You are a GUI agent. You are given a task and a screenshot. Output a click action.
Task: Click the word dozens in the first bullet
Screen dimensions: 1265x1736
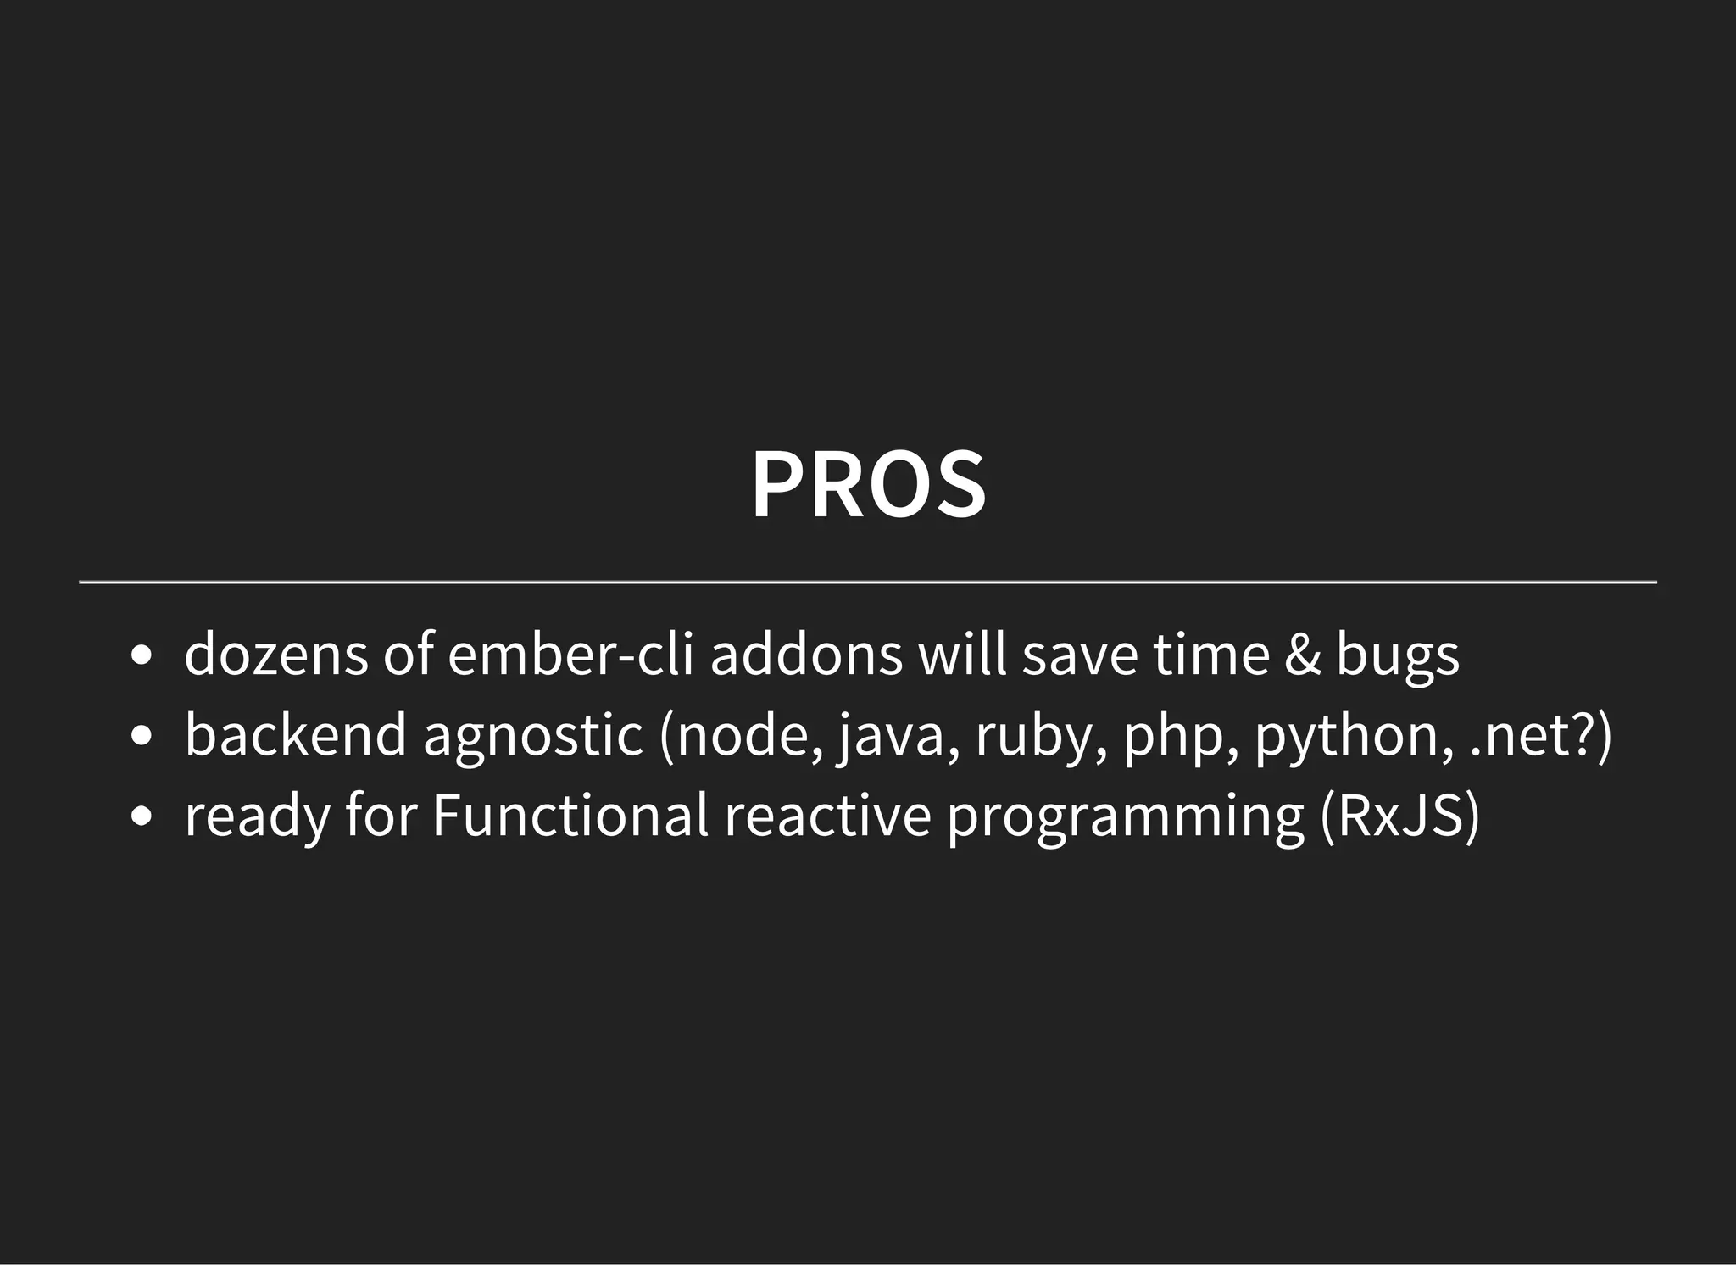(x=276, y=655)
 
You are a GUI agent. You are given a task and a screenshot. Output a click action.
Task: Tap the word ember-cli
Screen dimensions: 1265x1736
(x=571, y=655)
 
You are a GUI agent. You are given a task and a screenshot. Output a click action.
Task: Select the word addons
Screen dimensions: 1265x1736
(x=806, y=655)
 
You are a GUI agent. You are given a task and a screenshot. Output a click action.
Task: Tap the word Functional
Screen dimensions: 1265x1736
(x=570, y=815)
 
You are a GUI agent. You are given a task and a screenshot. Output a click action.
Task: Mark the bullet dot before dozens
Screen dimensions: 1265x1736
(x=142, y=657)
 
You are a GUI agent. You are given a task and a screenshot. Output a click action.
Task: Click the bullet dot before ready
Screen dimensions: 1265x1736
(x=142, y=816)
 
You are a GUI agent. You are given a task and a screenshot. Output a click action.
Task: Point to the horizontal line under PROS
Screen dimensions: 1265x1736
(x=868, y=582)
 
